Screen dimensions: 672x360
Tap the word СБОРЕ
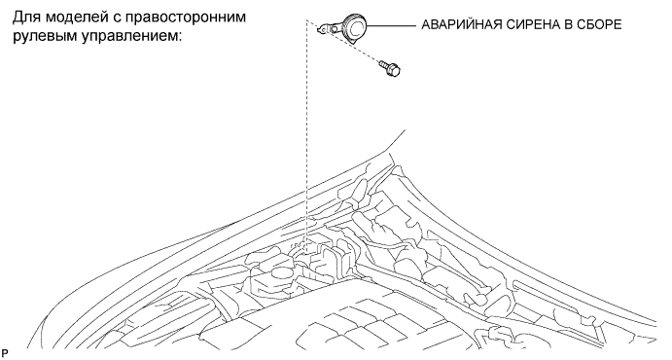coord(600,25)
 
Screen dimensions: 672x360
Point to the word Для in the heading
coord(26,18)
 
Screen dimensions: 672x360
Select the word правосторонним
coord(187,18)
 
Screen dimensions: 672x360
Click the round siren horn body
coord(354,27)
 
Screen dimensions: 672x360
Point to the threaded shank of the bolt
coord(383,65)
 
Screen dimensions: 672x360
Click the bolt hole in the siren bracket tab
coord(320,29)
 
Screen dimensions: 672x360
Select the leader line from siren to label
coord(392,25)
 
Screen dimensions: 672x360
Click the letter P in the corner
coord(5,354)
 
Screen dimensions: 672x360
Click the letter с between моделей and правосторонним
coord(118,19)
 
